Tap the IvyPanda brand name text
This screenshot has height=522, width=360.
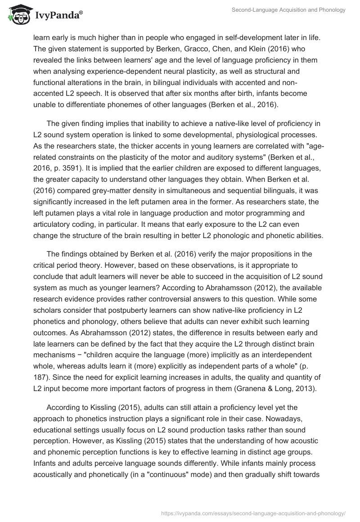tap(58, 16)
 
